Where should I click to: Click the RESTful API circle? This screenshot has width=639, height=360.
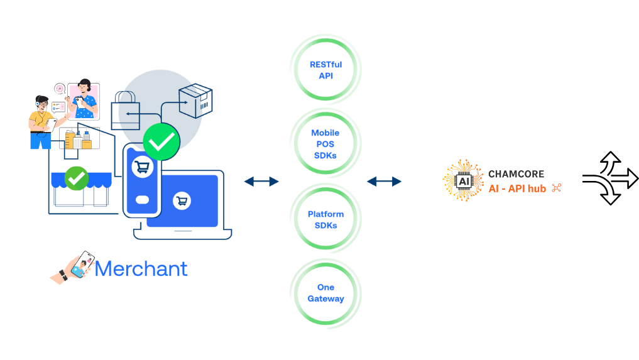click(325, 70)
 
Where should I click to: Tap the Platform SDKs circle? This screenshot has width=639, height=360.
click(325, 220)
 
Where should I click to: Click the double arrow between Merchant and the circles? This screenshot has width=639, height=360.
click(261, 182)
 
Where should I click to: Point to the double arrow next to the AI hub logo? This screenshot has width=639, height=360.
click(384, 182)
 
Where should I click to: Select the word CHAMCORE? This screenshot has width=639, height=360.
click(516, 174)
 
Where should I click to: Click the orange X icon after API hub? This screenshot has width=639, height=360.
click(555, 188)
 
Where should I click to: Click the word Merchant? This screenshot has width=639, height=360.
click(141, 269)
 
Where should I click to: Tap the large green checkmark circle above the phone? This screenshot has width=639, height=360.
click(161, 142)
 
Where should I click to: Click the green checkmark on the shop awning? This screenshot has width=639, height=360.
click(77, 178)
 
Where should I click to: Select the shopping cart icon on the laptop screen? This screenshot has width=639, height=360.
click(183, 201)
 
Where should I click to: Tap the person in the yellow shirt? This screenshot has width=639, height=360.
click(42, 123)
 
